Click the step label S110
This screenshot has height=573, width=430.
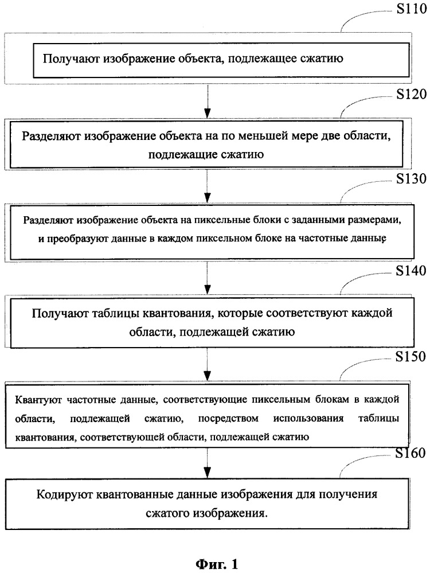tap(412, 9)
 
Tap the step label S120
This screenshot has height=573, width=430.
tap(412, 94)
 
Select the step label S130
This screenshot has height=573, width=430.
tap(412, 179)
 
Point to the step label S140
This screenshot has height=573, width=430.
tap(411, 271)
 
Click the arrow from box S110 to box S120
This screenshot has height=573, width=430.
tap(208, 101)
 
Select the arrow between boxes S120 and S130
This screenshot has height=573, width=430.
tap(208, 186)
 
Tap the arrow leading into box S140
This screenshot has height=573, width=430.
tap(208, 278)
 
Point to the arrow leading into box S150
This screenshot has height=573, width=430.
tap(208, 364)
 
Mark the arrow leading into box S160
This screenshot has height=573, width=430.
tap(208, 463)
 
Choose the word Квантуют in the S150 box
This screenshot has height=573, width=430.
tap(38, 400)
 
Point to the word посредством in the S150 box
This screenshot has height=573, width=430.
tap(228, 418)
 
